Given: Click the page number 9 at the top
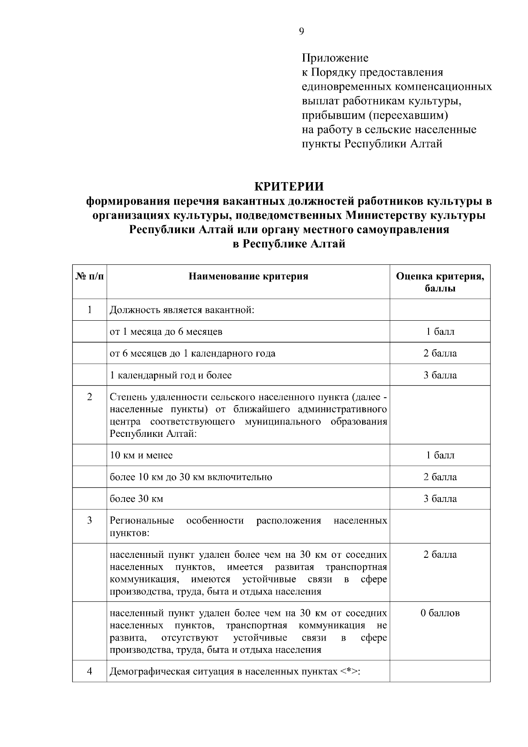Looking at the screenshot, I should tap(301, 31).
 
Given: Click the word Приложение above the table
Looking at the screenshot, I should tap(335, 58).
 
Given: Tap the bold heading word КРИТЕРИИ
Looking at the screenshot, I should tap(289, 187).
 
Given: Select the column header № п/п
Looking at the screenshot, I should tap(90, 276).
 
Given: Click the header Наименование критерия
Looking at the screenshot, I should tap(248, 276).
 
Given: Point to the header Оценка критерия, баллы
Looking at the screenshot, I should tap(440, 282).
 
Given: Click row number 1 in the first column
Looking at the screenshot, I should tap(90, 310).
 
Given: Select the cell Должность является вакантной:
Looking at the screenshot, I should tap(182, 310).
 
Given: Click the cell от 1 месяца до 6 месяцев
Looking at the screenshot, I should tap(166, 332).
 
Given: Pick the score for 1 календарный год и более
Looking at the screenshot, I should tap(440, 375).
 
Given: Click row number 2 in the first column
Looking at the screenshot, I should tap(90, 397).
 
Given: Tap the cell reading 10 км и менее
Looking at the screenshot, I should tap(141, 455).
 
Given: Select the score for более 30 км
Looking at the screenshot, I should tap(440, 499).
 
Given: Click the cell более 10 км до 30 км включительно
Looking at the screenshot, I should tap(191, 477).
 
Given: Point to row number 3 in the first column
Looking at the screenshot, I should tap(90, 521).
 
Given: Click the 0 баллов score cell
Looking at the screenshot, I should tap(440, 613).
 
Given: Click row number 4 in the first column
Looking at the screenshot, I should tap(90, 672).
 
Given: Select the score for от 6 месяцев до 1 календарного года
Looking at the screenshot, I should tap(440, 353).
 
